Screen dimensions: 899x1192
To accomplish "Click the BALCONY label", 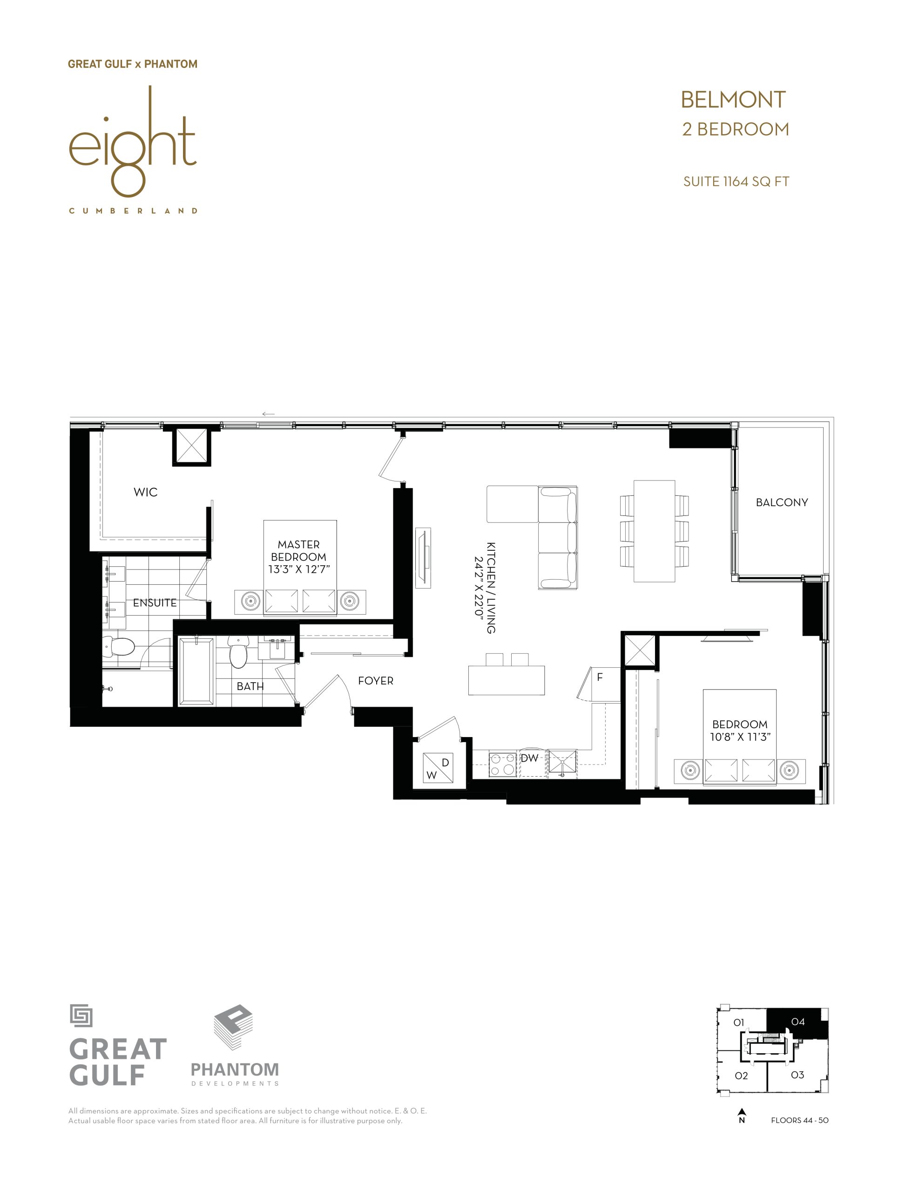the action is pos(782,502).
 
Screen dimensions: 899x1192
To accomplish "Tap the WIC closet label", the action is pos(145,492).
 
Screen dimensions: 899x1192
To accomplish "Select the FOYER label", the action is pos(375,681).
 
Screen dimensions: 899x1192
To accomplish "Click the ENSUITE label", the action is pos(155,603).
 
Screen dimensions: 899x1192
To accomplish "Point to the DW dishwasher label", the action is pos(529,758).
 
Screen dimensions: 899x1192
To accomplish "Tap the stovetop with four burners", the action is pos(502,765).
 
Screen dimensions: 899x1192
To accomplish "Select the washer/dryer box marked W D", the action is pos(438,768).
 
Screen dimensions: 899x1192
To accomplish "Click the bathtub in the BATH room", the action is pos(196,671).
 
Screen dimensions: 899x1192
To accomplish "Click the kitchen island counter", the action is pos(507,680).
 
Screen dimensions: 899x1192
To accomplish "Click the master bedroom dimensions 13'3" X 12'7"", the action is pos(299,569).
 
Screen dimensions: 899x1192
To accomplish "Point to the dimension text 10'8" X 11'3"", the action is pos(740,737).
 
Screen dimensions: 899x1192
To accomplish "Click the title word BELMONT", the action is pos(733,100).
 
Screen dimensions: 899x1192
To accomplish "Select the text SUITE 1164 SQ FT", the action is pos(736,182).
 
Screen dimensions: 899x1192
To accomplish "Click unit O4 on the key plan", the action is pos(797,1022).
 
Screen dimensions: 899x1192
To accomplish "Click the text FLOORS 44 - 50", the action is pos(799,1120).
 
